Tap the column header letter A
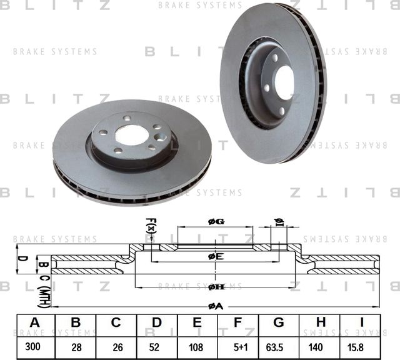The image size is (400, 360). (34, 322)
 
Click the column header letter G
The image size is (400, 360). (279, 322)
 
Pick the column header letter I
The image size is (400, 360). (361, 322)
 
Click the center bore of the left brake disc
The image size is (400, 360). (132, 135)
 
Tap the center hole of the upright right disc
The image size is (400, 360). (284, 82)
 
